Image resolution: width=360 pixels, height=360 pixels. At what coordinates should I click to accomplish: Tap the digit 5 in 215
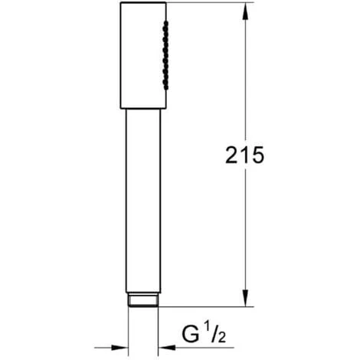click(258, 155)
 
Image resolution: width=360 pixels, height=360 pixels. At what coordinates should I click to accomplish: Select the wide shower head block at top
click(143, 55)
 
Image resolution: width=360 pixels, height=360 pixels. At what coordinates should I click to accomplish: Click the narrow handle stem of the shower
click(142, 199)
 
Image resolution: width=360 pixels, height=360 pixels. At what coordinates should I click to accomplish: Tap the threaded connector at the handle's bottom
click(143, 299)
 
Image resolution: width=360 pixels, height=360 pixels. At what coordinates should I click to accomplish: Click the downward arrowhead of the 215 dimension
click(245, 301)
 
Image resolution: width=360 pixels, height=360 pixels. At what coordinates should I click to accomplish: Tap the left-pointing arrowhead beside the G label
click(163, 346)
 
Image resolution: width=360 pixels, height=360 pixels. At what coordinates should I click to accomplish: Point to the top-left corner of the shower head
click(121, 3)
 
